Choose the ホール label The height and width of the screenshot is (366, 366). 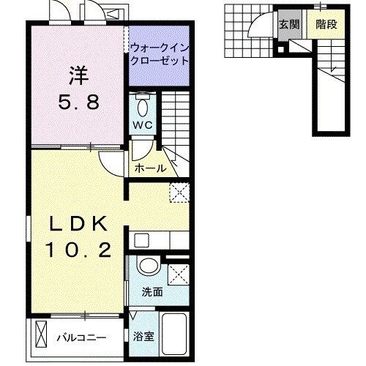click(150, 169)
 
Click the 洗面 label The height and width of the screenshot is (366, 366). click(152, 291)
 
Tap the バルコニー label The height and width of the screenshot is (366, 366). click(81, 338)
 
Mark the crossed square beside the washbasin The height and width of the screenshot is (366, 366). click(176, 274)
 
